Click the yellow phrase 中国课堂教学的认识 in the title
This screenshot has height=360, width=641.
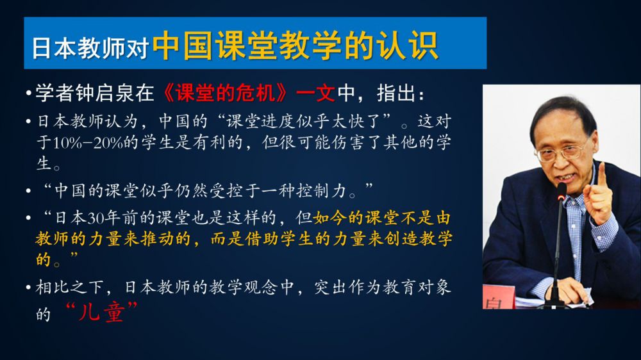click(296, 45)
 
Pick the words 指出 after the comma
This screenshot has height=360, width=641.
click(396, 94)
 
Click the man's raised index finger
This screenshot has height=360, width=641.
click(601, 176)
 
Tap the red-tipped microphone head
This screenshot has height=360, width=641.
click(562, 192)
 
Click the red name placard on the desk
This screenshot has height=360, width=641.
click(499, 297)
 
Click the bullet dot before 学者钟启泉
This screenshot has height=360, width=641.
click(28, 94)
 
